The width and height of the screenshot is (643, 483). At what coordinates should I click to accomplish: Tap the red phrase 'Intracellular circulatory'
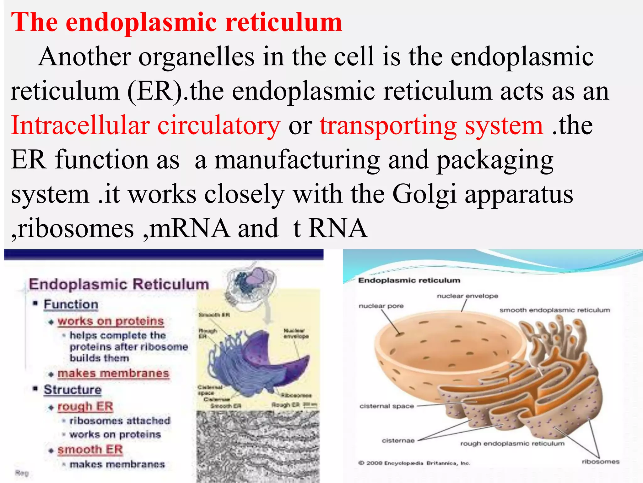coord(145,125)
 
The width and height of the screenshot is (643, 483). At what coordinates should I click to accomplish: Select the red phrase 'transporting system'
coord(431,125)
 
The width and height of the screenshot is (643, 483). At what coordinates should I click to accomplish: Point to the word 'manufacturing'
coord(297,160)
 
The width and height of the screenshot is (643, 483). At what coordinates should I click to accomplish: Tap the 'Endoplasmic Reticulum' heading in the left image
coord(119,284)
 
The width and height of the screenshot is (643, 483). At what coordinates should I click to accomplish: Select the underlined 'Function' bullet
coord(71,304)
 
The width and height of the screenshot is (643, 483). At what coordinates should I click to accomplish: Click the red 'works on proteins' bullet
coord(111,321)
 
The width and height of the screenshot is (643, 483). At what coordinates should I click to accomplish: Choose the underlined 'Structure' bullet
coord(73,390)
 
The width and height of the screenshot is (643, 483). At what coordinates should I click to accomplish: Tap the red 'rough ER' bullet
coord(85,407)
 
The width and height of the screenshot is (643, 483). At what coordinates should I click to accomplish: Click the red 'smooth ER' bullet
coord(90,450)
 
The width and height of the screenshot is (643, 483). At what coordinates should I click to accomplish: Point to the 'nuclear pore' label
coord(381,306)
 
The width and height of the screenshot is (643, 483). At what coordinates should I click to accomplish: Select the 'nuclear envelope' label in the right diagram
coord(467,296)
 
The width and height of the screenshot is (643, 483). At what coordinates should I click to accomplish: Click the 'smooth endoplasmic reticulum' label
coord(555,310)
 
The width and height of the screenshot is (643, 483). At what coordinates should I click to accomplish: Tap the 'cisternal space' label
coord(386,406)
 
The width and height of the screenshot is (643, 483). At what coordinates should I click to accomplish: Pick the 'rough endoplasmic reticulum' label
coord(512,444)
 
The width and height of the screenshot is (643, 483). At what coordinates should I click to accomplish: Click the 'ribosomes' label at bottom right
coord(600,462)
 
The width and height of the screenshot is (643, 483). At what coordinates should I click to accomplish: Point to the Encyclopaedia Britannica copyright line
coord(414,463)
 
